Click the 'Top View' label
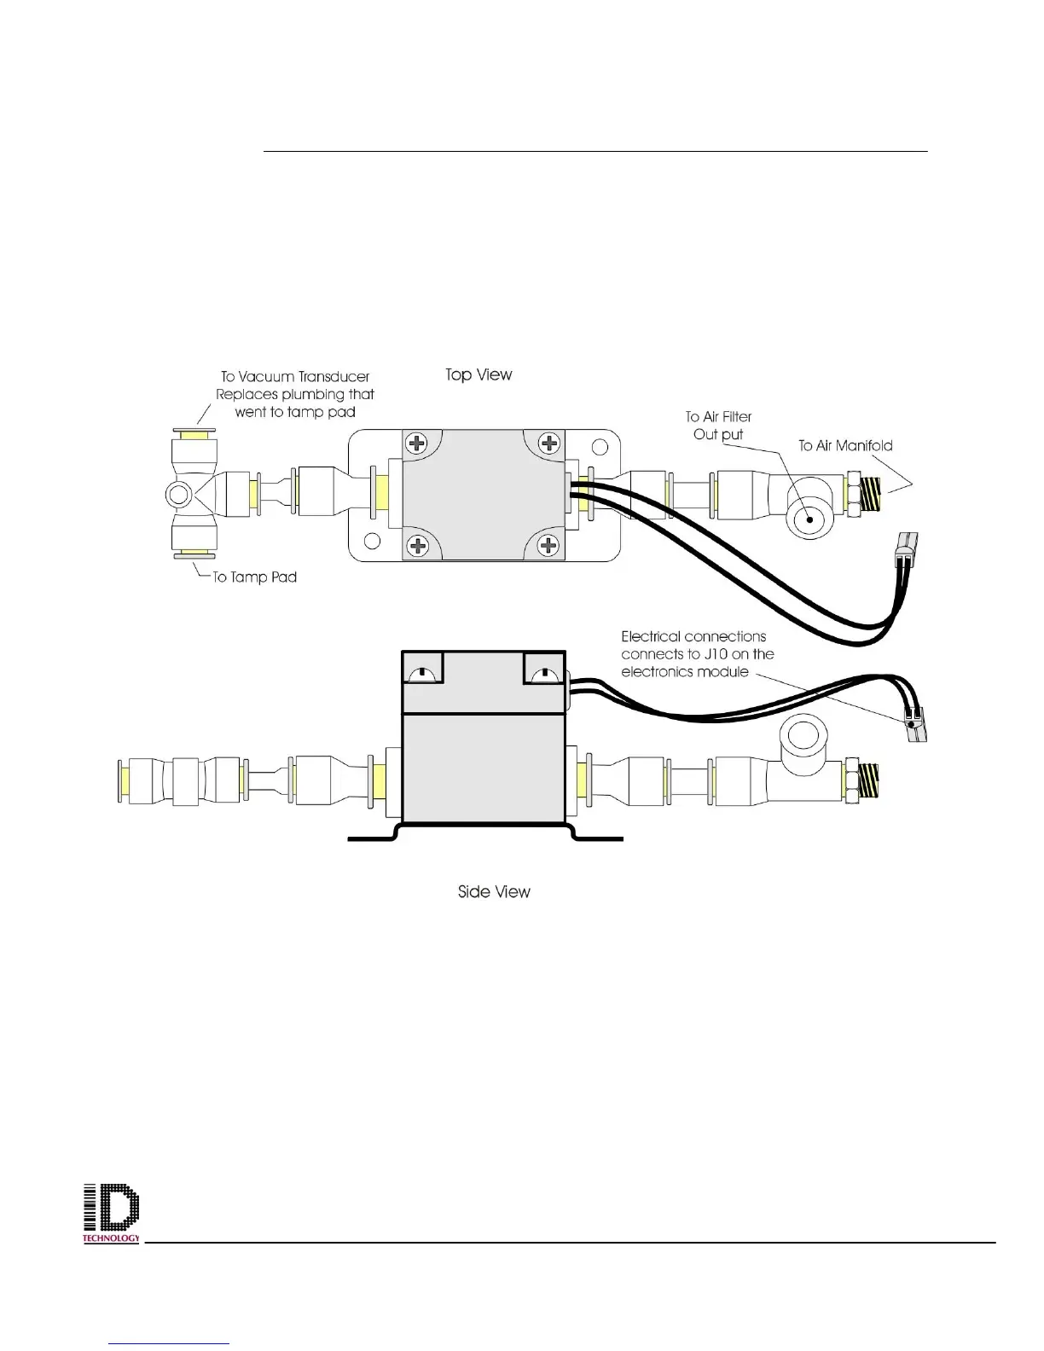click(478, 374)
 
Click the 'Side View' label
click(494, 891)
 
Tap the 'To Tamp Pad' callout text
click(254, 577)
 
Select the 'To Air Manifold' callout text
click(845, 445)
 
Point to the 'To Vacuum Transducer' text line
click(294, 376)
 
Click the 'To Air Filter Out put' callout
click(718, 425)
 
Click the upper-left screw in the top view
click(417, 444)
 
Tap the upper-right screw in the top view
click(550, 444)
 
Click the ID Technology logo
click(111, 1214)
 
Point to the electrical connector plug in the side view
click(917, 723)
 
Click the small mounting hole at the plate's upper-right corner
click(600, 446)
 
